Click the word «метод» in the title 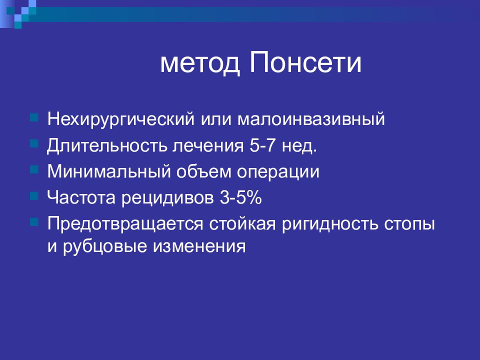(199, 63)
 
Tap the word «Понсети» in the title (305, 62)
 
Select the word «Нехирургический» (121, 119)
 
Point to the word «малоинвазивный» (310, 119)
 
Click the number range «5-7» (262, 145)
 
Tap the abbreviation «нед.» (299, 145)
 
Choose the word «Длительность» (107, 146)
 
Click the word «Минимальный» (109, 171)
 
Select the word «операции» (278, 172)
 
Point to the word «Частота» (81, 198)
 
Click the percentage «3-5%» (240, 198)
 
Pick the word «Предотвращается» (125, 224)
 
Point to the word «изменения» (199, 246)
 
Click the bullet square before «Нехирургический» (34, 118)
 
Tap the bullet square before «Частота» (34, 196)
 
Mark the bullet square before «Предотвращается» (34, 222)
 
